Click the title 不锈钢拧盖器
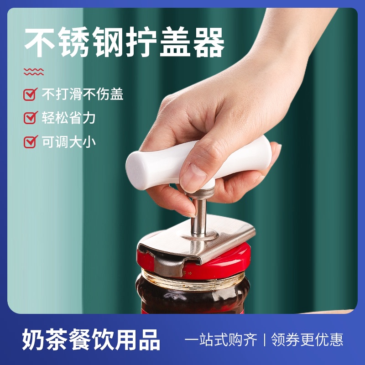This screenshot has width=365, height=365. tap(124, 42)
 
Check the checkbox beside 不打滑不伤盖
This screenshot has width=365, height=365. tap(30, 94)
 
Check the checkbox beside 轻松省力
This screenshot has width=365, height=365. tap(30, 118)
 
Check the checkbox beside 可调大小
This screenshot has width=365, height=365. tap(30, 141)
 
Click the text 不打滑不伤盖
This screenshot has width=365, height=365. tap(83, 94)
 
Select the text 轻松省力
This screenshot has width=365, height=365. tap(69, 118)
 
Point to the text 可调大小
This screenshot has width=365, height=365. tap(69, 141)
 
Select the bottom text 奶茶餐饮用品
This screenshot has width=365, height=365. tap(91, 340)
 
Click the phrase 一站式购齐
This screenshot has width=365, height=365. tap(221, 340)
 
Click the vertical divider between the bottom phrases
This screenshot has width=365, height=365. tap(264, 340)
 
